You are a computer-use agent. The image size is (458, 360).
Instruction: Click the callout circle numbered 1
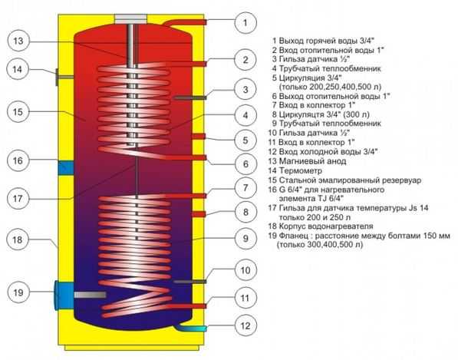click(245, 22)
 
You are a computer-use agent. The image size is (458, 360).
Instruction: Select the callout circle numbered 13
click(18, 41)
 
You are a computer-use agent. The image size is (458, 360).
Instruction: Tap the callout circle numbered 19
click(18, 292)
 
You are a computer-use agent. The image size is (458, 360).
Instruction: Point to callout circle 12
click(245, 325)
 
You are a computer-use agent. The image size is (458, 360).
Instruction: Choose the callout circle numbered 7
click(245, 187)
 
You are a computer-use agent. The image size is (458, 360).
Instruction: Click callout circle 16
click(18, 160)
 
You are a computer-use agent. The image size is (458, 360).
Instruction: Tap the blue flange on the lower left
click(64, 295)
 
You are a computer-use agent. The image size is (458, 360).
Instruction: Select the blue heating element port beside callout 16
click(66, 168)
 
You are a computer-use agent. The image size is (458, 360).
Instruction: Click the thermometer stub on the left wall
click(64, 77)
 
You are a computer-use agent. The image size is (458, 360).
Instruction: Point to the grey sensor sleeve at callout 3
click(189, 97)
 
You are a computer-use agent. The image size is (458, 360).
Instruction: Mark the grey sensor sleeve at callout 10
click(189, 282)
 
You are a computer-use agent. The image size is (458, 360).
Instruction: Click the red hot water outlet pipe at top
click(185, 23)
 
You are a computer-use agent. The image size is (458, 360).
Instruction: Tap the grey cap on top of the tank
click(130, 19)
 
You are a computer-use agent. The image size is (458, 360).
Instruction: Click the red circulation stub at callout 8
click(199, 214)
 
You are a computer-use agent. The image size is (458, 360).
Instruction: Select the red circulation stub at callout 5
click(199, 136)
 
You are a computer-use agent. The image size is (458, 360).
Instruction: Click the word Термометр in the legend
click(301, 170)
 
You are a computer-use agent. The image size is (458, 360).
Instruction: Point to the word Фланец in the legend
click(293, 236)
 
